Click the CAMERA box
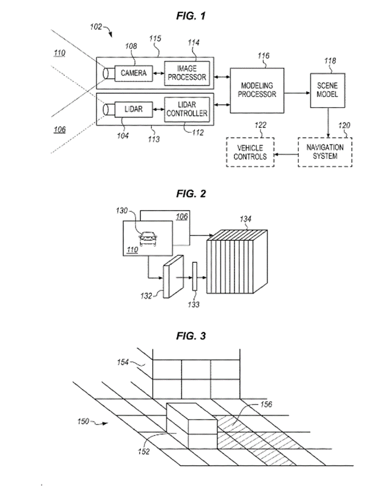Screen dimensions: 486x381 tap(134, 73)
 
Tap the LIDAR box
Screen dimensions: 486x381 tap(134, 109)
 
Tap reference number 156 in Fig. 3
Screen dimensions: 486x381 tap(267, 405)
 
